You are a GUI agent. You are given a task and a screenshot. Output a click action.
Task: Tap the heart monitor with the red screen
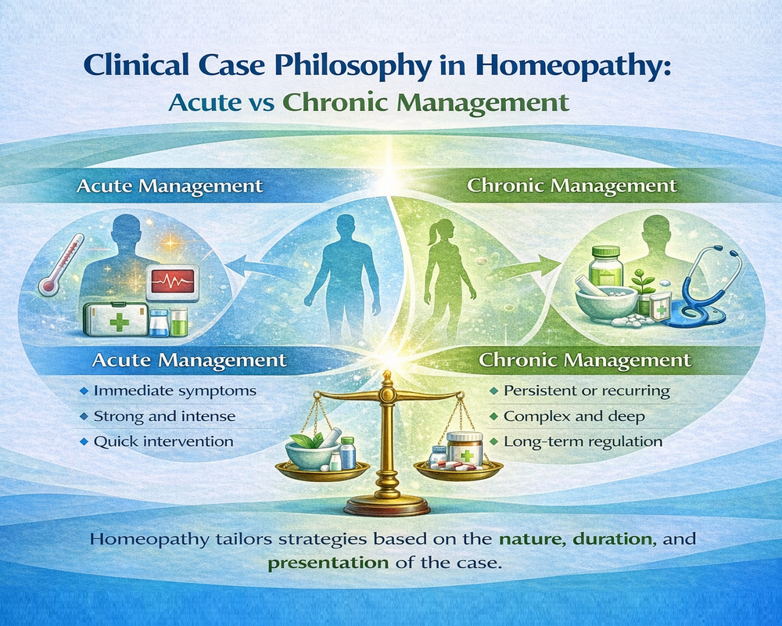coord(173,283)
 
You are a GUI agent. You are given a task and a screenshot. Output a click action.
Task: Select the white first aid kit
coord(116,319)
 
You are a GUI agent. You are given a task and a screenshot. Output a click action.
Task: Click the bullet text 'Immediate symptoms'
coord(175,390)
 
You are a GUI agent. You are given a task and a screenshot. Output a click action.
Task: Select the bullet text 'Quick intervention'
coord(163,442)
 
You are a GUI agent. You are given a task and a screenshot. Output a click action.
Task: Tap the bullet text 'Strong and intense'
coord(164,416)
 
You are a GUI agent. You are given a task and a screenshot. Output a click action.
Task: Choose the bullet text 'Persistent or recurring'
coord(586,391)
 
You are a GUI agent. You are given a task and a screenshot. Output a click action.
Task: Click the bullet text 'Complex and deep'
coord(574,416)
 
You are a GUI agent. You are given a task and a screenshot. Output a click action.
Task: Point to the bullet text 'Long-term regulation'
coord(583,442)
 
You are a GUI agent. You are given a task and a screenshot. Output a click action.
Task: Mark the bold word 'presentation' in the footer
coord(328,563)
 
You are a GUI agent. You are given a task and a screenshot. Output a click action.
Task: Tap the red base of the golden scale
coord(387,507)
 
